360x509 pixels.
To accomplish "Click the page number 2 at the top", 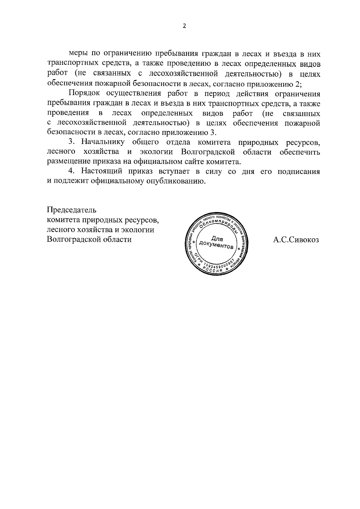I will click(x=184, y=26).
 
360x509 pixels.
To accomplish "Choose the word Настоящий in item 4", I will click(x=103, y=172).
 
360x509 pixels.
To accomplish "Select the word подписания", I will click(x=298, y=172).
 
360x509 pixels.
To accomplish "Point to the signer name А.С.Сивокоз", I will click(x=296, y=240).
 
